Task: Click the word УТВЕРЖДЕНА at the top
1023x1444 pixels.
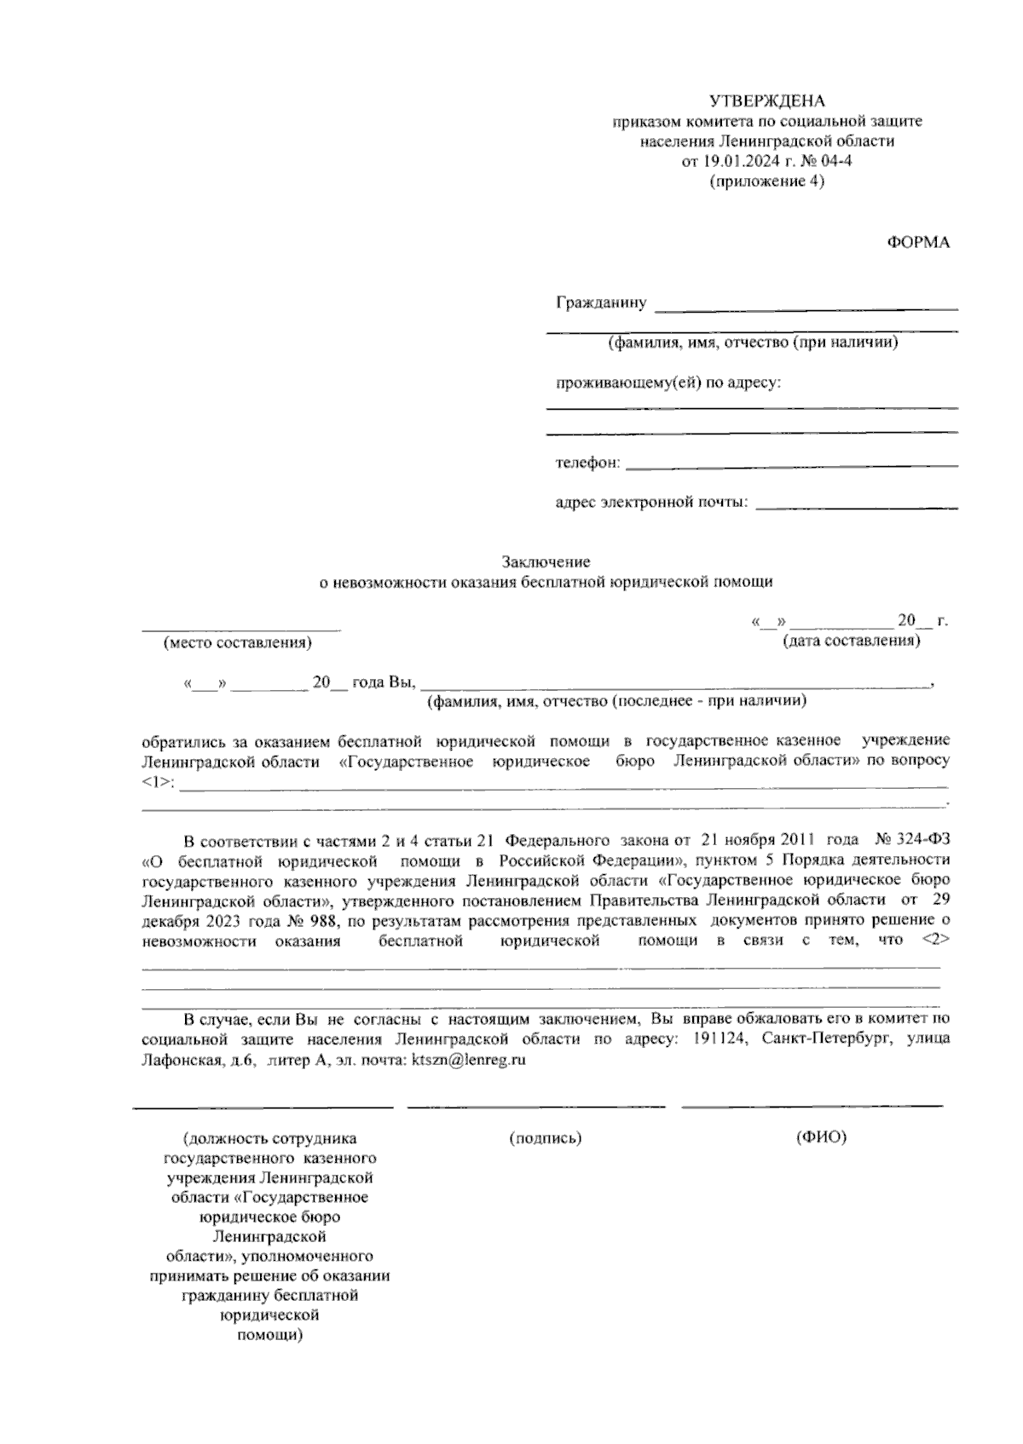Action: [767, 101]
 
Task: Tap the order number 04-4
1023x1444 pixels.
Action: [835, 161]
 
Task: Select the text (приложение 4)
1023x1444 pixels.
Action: [767, 181]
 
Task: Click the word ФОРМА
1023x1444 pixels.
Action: [918, 243]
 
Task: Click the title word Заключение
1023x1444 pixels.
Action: [546, 562]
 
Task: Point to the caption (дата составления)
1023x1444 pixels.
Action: [851, 640]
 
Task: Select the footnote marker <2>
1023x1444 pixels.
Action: [935, 941]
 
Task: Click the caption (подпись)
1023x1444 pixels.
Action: [545, 1138]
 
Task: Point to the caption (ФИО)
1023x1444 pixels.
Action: [820, 1138]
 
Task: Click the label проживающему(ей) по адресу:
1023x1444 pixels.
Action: [668, 383]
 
